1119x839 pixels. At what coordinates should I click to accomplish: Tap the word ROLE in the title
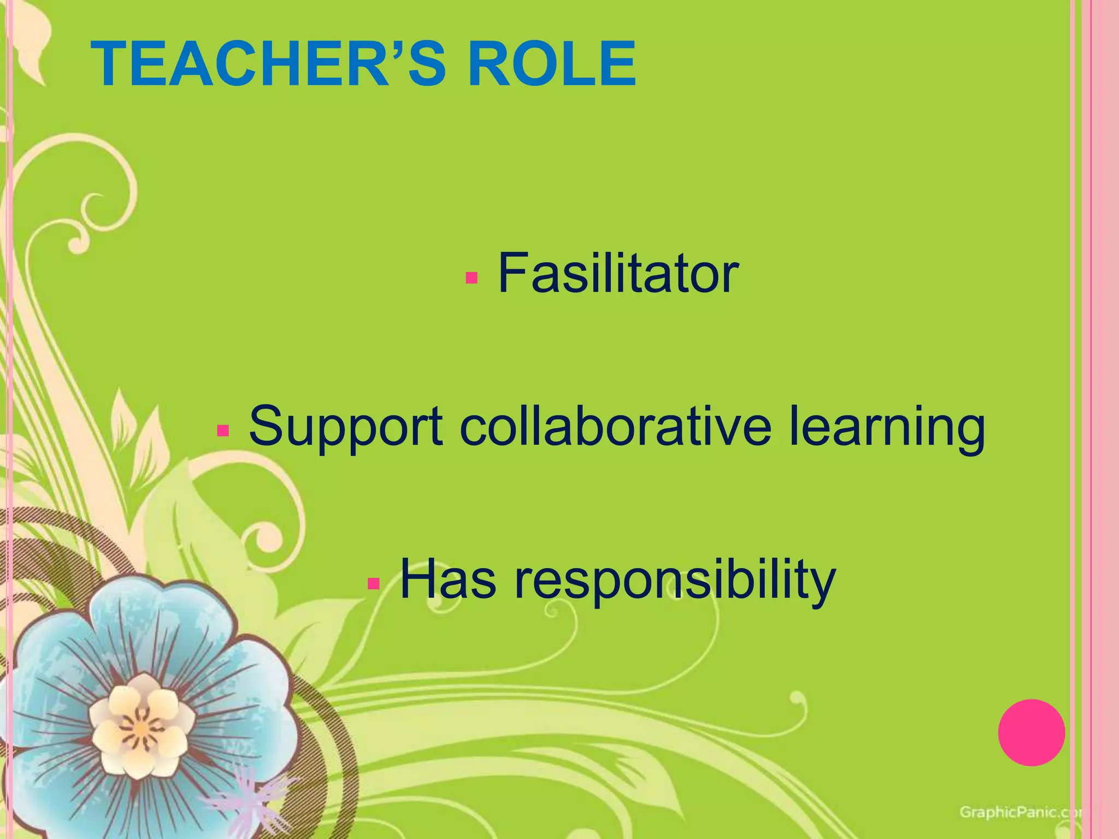552,64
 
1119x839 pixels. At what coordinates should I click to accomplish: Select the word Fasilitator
618,273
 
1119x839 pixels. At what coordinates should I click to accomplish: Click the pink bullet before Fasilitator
472,278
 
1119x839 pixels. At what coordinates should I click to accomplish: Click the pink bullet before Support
222,431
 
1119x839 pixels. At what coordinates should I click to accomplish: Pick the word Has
448,579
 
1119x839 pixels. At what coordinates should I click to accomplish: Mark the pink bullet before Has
374,584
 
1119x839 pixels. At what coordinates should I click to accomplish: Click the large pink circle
1032,732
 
